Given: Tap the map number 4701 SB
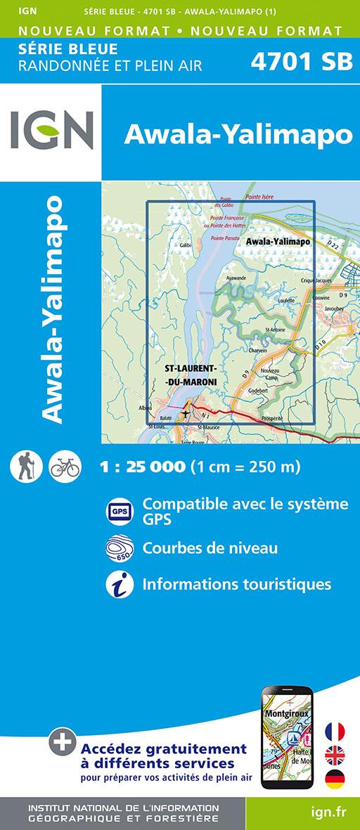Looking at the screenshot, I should click(300, 63).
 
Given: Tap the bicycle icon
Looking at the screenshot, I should click(65, 466).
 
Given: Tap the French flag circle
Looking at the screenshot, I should click(335, 731).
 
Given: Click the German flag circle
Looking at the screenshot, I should click(335, 779).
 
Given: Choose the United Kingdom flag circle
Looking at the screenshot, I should click(335, 755).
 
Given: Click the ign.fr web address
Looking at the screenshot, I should click(327, 812).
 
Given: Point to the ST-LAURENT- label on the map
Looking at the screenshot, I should click(189, 369).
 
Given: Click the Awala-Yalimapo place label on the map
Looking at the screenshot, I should click(278, 242).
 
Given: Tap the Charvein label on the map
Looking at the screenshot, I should click(259, 350).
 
